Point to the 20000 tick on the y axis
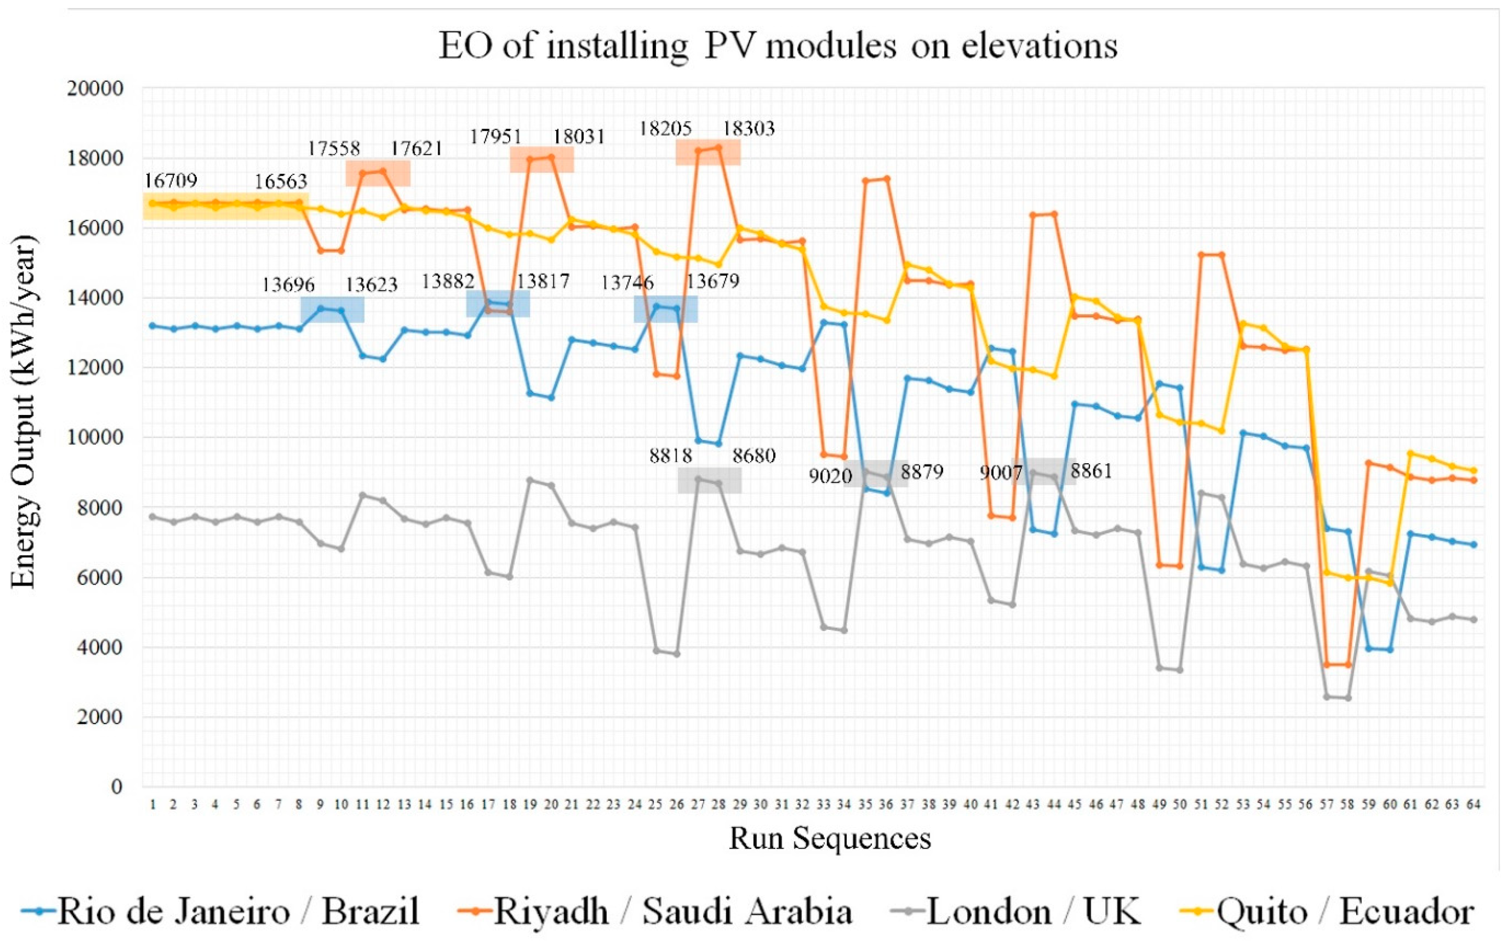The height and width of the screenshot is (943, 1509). [95, 89]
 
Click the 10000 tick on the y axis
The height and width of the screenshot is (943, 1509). [95, 437]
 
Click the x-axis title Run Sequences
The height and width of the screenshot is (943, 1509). [830, 839]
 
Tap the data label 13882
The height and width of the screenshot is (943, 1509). [448, 281]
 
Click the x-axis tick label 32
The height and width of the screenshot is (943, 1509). [802, 805]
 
